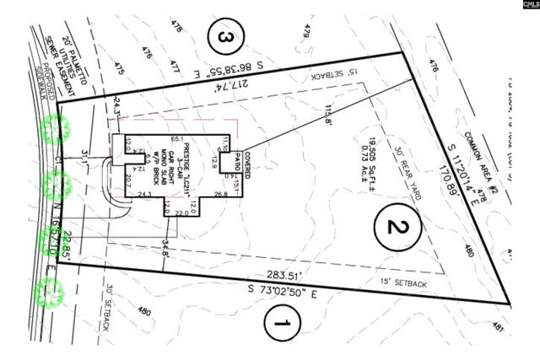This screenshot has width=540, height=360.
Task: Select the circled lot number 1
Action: pos(282,323)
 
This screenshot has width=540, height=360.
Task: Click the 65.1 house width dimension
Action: pos(177,137)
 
